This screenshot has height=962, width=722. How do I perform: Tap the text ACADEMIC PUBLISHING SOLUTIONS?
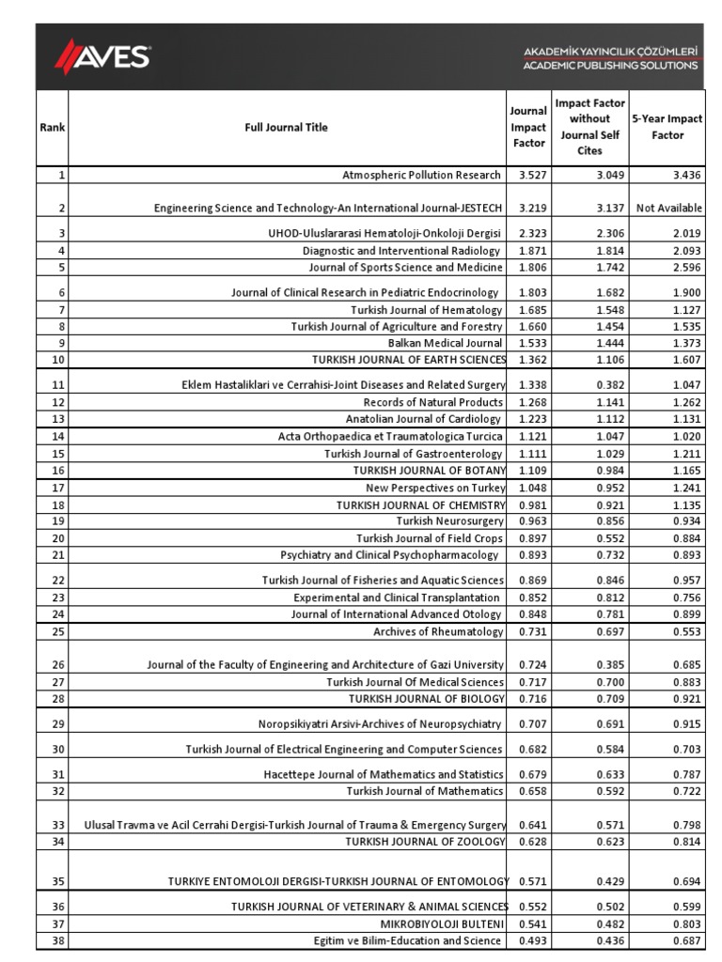610,66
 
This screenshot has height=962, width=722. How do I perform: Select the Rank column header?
53,128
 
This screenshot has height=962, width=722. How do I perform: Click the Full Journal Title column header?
286,128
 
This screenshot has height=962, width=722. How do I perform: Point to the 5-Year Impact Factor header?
667,128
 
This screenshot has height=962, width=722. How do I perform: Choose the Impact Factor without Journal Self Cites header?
589,127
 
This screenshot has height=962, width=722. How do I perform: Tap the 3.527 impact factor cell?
528,176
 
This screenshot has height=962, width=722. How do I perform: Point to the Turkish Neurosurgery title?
449,521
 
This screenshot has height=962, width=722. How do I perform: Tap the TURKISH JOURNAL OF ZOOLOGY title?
426,841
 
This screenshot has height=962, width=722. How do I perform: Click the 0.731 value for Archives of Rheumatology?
528,632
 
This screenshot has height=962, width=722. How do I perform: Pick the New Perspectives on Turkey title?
435,488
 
